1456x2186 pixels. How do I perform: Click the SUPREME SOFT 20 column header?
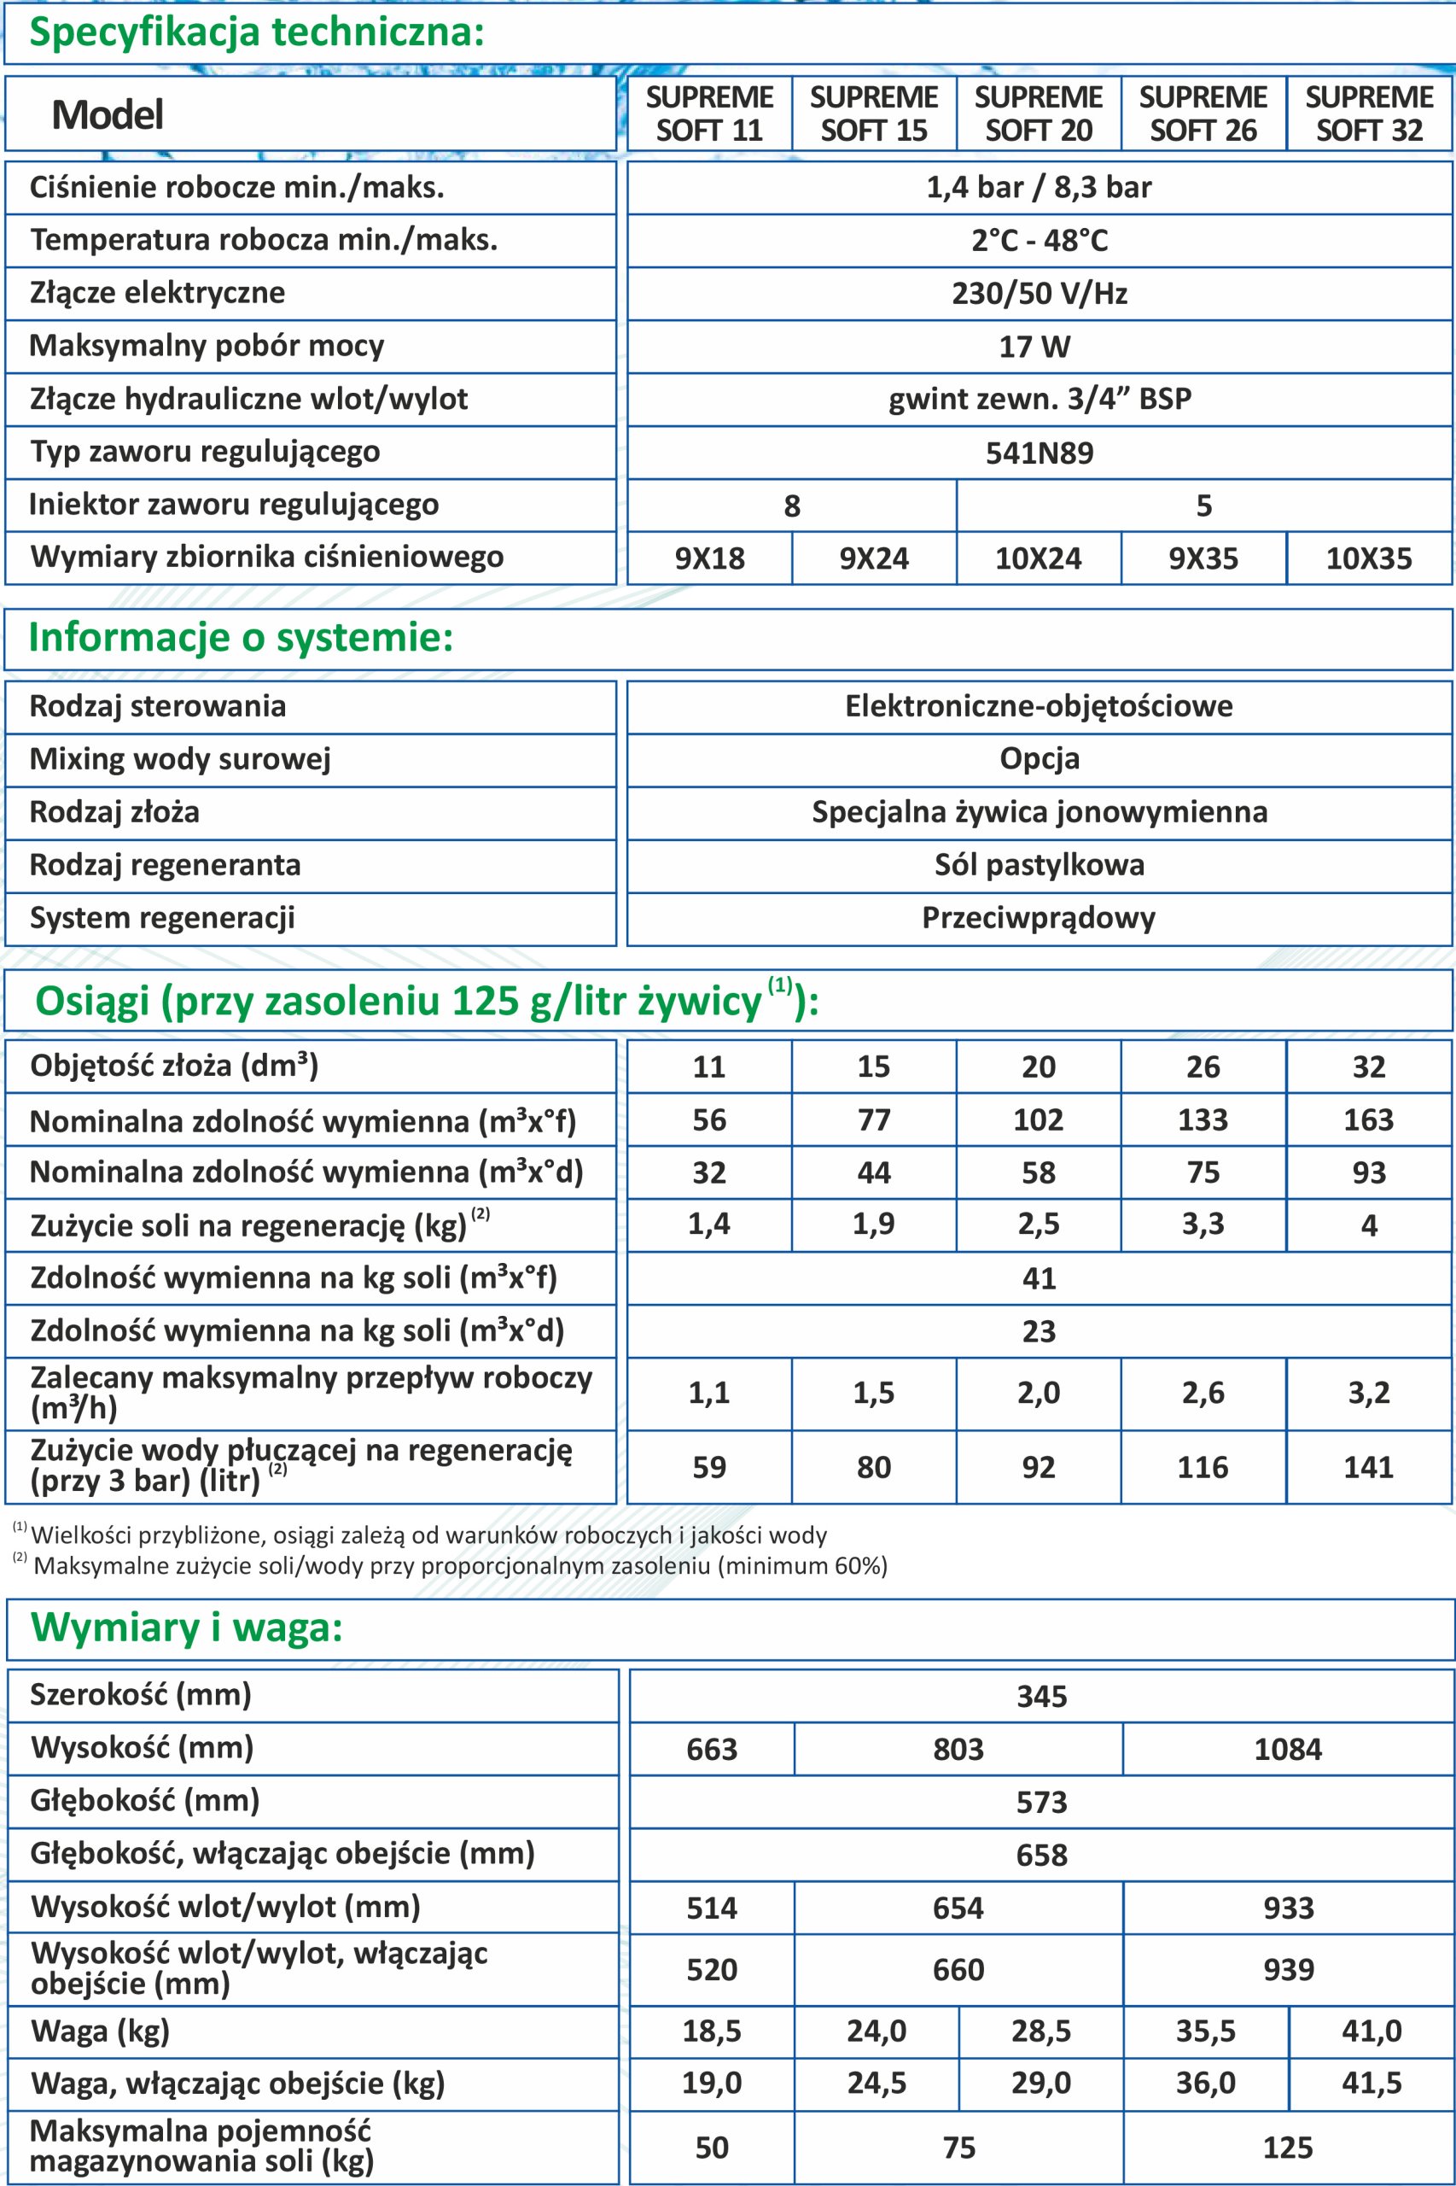[x=1038, y=114]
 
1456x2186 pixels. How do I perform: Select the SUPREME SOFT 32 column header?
[x=1369, y=114]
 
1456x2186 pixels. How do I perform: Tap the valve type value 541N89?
[x=1039, y=453]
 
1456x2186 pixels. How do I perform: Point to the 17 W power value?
[x=1034, y=348]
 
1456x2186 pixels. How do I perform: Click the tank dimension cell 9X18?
[x=709, y=558]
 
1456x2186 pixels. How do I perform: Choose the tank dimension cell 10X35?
[x=1369, y=558]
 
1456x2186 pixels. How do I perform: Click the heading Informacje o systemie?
[x=242, y=638]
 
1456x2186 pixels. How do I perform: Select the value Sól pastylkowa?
[x=1039, y=865]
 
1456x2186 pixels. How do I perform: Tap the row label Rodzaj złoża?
[x=114, y=812]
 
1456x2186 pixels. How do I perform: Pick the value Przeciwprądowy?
[x=1038, y=918]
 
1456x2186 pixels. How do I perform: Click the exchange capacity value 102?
[x=1038, y=1119]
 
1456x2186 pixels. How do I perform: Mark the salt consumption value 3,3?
[x=1203, y=1225]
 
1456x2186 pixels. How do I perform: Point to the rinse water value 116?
[x=1203, y=1467]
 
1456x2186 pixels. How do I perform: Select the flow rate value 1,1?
[x=709, y=1393]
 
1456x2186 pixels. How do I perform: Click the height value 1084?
[x=1287, y=1750]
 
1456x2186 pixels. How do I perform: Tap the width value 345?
[x=1041, y=1697]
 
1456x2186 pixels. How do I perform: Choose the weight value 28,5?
[x=1040, y=2031]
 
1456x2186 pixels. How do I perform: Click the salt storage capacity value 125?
[x=1287, y=2148]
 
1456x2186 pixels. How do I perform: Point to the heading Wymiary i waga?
[x=187, y=1628]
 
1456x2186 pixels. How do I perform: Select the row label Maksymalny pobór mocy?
[x=207, y=347]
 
